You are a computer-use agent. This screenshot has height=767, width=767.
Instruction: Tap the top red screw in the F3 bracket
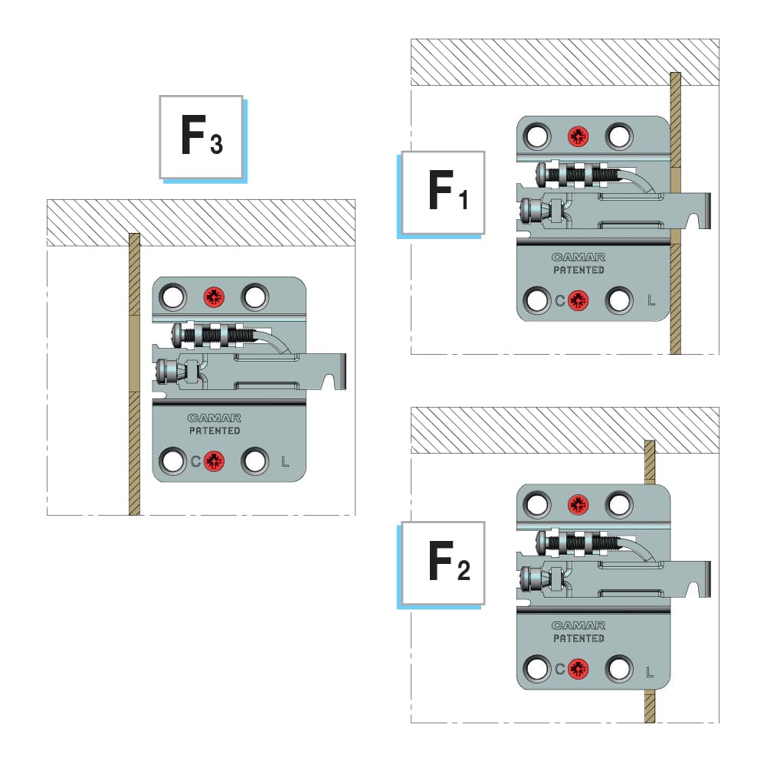[x=214, y=297]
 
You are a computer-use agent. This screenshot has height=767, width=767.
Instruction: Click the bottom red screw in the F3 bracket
[x=214, y=461]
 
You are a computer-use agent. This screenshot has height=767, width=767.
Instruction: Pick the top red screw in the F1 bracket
[x=578, y=136]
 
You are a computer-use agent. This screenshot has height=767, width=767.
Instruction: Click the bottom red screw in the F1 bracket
[x=578, y=300]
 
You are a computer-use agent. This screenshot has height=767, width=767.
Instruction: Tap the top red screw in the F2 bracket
[x=578, y=504]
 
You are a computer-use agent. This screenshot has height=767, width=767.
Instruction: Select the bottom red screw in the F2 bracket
[x=578, y=668]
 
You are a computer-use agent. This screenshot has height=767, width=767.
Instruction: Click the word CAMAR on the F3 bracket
[x=215, y=418]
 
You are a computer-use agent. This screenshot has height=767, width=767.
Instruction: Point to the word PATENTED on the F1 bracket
[x=579, y=270]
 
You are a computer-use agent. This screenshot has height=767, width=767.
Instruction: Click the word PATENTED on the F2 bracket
[x=579, y=638]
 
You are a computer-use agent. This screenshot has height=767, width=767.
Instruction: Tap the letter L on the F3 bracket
[x=285, y=461]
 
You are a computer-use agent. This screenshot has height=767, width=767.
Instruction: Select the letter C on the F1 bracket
[x=560, y=300]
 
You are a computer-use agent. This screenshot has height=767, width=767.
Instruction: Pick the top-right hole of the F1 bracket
[x=618, y=136]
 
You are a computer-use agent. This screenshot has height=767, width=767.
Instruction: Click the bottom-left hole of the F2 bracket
[x=537, y=668]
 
